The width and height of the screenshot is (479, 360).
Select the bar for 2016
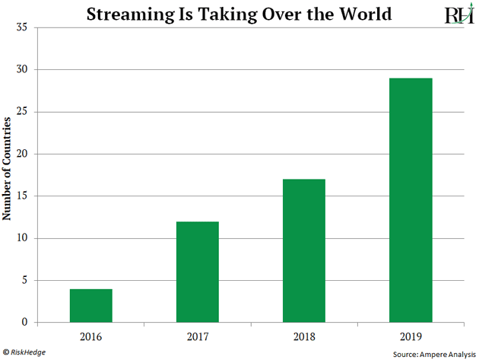(90, 305)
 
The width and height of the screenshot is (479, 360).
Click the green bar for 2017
(197, 272)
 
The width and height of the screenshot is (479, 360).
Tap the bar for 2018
(303, 250)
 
